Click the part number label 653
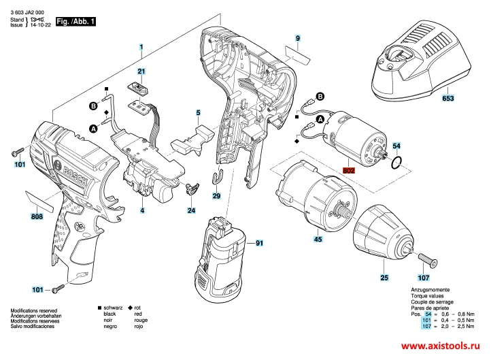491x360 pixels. click(x=448, y=98)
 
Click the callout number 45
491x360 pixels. click(x=318, y=239)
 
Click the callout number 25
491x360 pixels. click(x=384, y=277)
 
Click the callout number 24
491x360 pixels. click(x=192, y=211)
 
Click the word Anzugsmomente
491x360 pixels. click(x=429, y=290)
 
